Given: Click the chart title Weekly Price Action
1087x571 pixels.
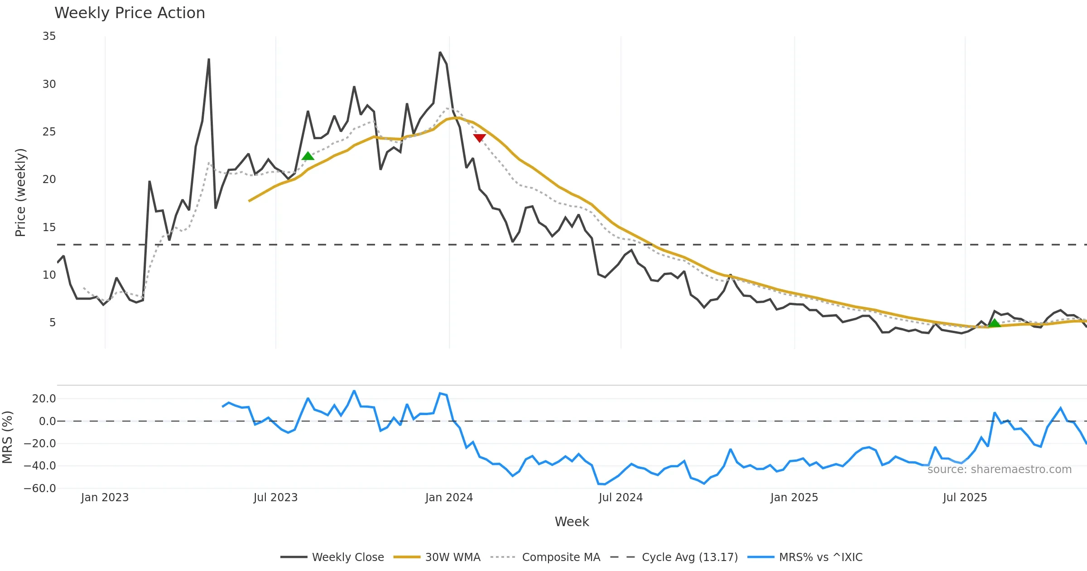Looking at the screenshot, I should [130, 13].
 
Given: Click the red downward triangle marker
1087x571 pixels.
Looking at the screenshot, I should [479, 138].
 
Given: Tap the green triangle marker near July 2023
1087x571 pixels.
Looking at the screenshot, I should [308, 156].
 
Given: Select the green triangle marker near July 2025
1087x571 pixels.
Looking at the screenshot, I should [994, 323].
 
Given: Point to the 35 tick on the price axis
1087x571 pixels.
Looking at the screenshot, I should [49, 36].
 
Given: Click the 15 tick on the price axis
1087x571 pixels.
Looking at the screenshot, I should [49, 227].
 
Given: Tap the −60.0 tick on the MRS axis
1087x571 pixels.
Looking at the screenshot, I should [40, 488].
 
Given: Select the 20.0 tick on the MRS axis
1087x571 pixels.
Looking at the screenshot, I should [44, 399].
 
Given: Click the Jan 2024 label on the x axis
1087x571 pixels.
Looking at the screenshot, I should [449, 498].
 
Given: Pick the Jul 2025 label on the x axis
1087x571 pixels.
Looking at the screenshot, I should [965, 498].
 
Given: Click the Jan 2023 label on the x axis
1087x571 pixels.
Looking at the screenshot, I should [105, 498].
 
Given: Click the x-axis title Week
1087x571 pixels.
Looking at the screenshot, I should [572, 522].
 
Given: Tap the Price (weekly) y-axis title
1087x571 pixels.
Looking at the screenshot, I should [20, 193].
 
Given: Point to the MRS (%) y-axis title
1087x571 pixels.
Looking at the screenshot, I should [8, 437].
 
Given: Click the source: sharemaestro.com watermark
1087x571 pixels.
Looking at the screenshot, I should [999, 469].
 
